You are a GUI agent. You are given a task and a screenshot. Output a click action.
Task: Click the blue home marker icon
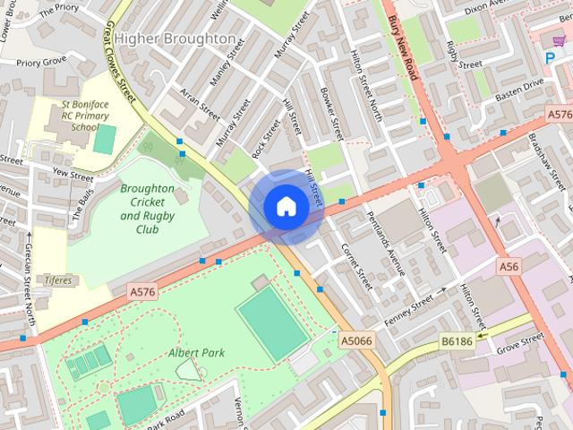286,207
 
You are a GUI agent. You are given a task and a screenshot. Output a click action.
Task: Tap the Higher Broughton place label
175,39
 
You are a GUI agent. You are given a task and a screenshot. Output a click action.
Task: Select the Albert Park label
196,352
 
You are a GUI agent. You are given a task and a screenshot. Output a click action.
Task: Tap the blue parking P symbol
550,57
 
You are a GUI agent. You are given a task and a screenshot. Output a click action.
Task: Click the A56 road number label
509,266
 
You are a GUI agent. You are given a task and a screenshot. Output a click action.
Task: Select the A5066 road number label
355,341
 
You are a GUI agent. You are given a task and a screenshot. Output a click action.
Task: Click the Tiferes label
58,280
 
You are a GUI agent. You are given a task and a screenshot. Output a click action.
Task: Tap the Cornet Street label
355,266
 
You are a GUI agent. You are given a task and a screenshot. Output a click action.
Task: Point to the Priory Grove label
41,64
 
